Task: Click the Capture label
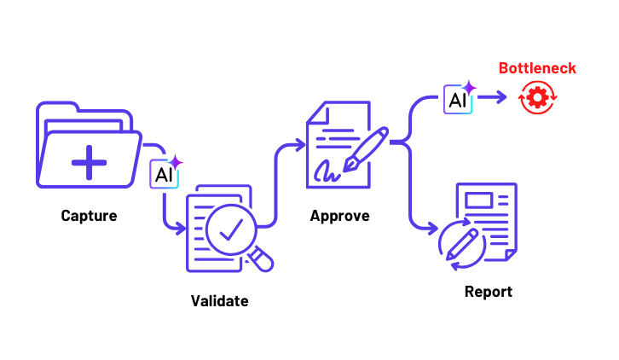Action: (89, 216)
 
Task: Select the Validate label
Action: (220, 300)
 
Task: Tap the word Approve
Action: (339, 216)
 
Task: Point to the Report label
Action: (489, 292)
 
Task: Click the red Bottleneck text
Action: (537, 68)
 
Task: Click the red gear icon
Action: (537, 98)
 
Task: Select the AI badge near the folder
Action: (164, 174)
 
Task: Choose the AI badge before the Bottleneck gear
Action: (459, 99)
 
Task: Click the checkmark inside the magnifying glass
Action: (231, 227)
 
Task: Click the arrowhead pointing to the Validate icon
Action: (180, 229)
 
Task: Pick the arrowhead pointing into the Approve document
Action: (298, 147)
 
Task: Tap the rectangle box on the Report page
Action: (479, 200)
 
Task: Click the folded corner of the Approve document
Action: (317, 112)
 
